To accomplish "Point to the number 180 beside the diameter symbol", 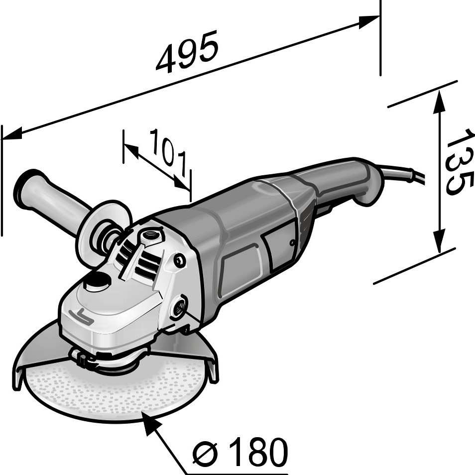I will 254,452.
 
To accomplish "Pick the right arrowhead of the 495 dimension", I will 368,21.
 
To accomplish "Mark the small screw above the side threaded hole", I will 180,260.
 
